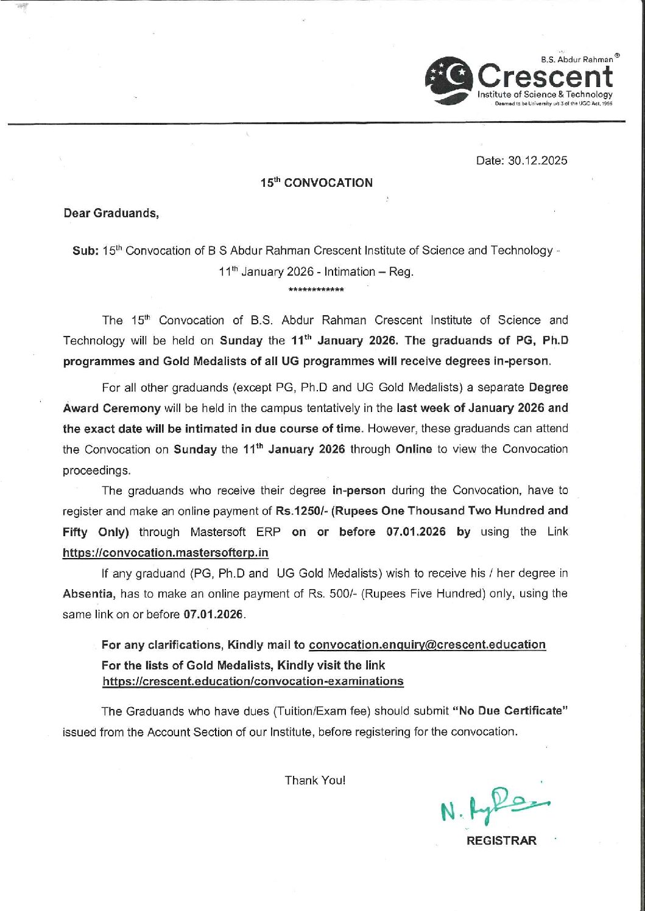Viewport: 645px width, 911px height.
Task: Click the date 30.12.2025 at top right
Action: point(522,161)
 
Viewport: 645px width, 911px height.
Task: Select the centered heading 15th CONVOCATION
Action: point(317,183)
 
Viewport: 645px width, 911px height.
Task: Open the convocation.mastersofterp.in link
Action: point(166,553)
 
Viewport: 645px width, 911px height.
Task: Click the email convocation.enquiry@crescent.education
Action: point(427,644)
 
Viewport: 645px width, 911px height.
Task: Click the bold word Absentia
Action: point(90,593)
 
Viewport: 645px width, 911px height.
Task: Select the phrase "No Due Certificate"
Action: point(510,711)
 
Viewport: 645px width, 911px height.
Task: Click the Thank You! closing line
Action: point(315,780)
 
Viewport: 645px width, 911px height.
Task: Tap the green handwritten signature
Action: point(494,805)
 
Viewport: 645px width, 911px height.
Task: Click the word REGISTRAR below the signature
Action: point(501,840)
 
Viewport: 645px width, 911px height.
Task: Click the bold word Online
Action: point(414,449)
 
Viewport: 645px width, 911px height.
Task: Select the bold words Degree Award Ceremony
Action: point(112,408)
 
